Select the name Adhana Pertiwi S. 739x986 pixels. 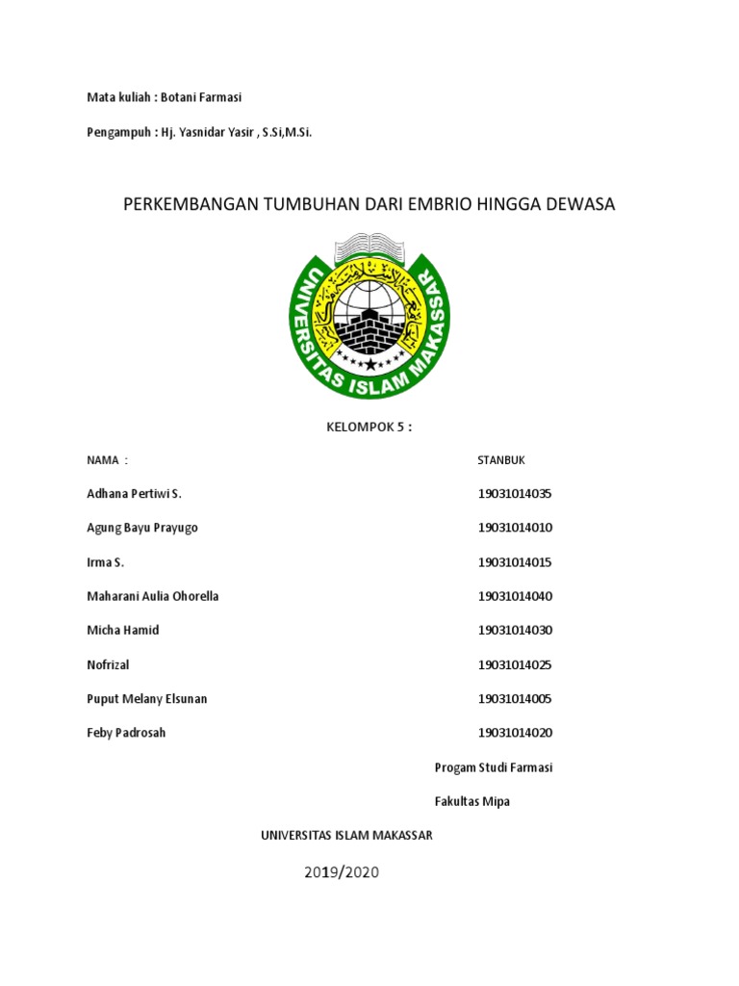click(134, 494)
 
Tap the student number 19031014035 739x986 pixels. click(515, 494)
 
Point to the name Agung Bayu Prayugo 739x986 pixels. click(142, 528)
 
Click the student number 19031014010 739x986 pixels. click(515, 528)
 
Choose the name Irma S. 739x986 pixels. click(105, 562)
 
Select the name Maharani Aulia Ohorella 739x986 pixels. click(153, 596)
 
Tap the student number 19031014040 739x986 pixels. click(515, 596)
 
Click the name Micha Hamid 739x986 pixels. click(123, 630)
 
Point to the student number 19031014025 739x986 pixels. click(515, 664)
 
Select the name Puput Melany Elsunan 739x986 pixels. click(147, 698)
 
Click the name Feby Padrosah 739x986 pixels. click(126, 733)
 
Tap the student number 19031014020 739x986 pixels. click(515, 733)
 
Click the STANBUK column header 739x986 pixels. click(501, 460)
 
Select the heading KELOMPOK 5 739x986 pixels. click(369, 427)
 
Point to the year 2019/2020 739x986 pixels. click(343, 872)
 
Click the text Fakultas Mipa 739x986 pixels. click(471, 801)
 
